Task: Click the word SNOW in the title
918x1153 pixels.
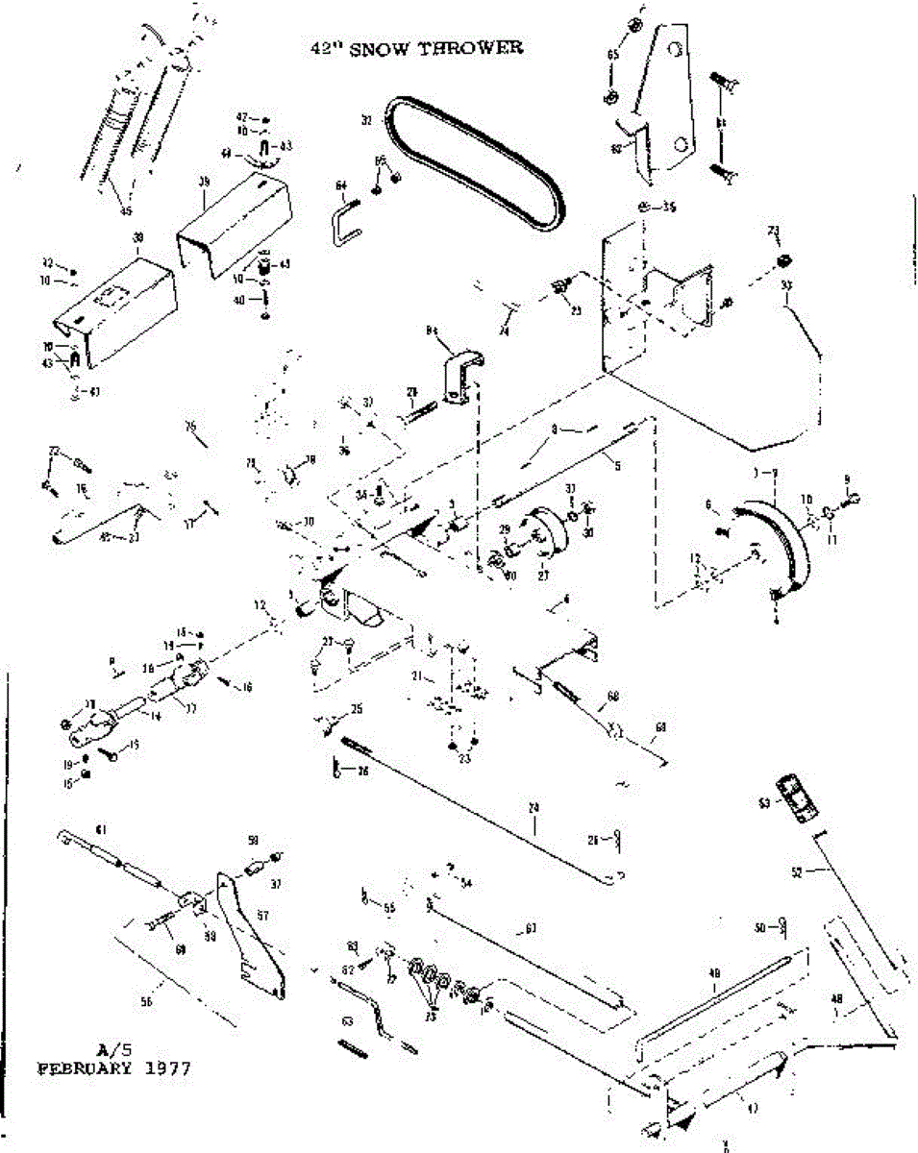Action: click(381, 48)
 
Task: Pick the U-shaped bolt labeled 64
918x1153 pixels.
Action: click(347, 222)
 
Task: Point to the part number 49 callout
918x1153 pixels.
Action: click(713, 973)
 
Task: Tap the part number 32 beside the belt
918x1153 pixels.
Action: click(365, 121)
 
